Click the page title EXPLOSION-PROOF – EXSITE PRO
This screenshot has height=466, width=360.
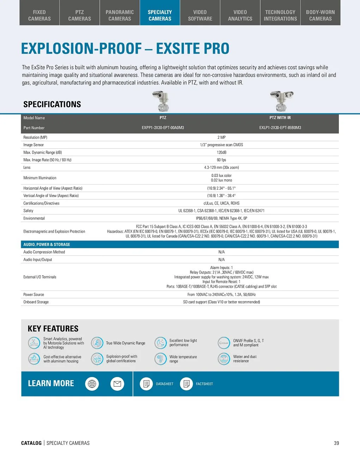coord(125,49)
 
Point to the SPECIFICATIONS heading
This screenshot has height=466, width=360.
coord(52,104)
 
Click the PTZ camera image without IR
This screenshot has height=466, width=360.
coord(161,101)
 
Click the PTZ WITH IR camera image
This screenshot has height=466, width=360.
coord(281,101)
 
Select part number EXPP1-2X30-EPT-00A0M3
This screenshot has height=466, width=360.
coord(163,128)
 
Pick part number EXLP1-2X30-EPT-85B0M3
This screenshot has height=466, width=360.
coord(280,128)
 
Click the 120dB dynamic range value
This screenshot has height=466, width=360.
coord(222,153)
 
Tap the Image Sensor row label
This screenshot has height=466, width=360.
coord(34,145)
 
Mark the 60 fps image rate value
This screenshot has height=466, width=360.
coord(222,160)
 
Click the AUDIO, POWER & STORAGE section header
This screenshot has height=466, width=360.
coord(47,245)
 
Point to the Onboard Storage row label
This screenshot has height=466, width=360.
coord(36,302)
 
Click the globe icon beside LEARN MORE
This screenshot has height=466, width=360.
coord(92,384)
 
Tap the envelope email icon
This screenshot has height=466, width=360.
coord(118,384)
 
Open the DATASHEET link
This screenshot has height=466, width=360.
coord(164,384)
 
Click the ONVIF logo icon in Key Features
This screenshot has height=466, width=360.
coord(224,343)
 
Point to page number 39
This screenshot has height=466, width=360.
coord(336,443)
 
